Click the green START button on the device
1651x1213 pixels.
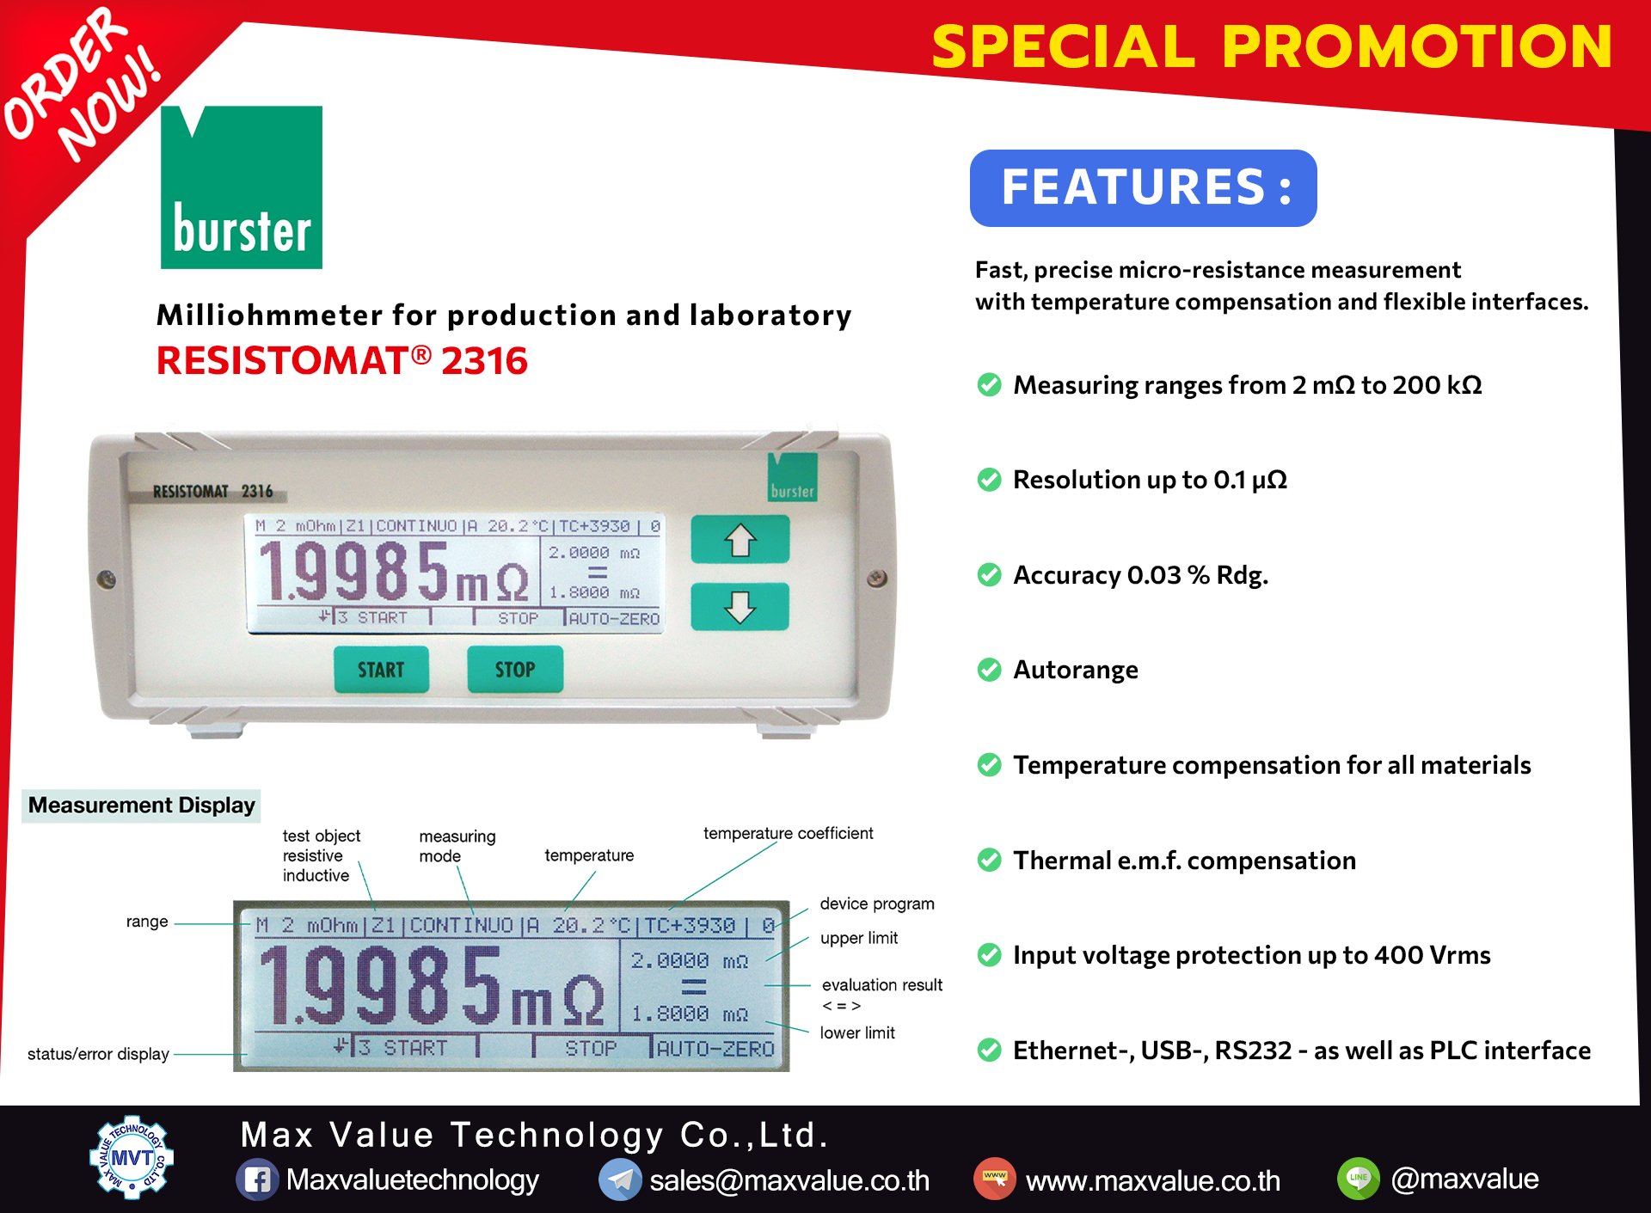[381, 669]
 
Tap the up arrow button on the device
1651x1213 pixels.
[740, 540]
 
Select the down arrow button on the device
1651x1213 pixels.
[740, 606]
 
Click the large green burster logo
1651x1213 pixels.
[242, 187]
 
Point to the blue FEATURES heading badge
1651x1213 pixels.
[1144, 188]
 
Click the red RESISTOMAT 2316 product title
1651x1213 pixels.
[341, 361]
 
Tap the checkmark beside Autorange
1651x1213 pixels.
[990, 670]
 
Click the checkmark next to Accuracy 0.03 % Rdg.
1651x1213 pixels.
[990, 574]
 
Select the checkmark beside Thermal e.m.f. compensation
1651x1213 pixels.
[990, 860]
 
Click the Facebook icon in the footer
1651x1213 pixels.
[257, 1179]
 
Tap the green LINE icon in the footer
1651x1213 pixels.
[1359, 1178]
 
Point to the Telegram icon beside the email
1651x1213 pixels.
[620, 1179]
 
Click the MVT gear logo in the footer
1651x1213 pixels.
[132, 1157]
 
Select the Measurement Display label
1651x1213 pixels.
[142, 806]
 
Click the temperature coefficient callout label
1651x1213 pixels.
[788, 833]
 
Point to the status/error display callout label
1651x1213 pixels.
[98, 1054]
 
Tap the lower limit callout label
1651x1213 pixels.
[857, 1032]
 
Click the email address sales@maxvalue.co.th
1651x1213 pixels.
[789, 1180]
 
